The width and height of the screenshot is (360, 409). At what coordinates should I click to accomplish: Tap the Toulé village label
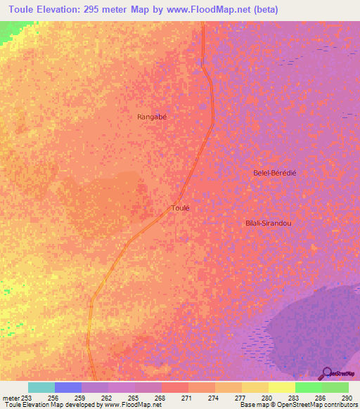[181, 208]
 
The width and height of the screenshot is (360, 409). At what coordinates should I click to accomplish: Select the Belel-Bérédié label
[275, 172]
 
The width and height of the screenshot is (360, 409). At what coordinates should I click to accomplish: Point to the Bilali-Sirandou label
[268, 223]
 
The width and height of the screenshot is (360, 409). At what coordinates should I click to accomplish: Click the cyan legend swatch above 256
[41, 387]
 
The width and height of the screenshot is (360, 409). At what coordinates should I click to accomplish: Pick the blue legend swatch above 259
[68, 387]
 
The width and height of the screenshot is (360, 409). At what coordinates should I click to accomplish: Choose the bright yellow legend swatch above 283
[282, 387]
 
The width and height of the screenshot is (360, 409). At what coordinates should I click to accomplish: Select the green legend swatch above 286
[309, 387]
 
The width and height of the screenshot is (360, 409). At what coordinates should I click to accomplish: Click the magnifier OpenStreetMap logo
[326, 373]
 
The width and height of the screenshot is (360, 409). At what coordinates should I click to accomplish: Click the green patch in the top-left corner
[8, 31]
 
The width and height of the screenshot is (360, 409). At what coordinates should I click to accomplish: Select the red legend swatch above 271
[175, 387]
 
